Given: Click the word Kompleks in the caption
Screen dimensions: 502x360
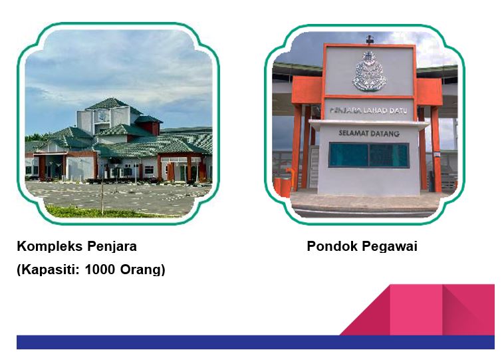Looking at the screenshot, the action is [49, 246].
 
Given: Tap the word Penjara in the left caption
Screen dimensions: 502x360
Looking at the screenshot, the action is [112, 247].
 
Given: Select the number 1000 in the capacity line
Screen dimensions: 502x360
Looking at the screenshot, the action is [100, 270].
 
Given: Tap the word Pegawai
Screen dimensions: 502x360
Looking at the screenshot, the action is [390, 247].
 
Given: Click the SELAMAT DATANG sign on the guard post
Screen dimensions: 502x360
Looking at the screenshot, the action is [369, 133].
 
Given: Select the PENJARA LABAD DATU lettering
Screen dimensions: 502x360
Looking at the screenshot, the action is [368, 110].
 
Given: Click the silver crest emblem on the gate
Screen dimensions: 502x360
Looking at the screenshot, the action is [369, 71].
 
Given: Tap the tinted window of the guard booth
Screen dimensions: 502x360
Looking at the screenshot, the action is [369, 155].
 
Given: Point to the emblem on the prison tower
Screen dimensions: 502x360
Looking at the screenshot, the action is [103, 115].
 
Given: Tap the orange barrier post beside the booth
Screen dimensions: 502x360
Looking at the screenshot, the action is [283, 187].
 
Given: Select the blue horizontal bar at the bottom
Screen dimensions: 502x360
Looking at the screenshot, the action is [255, 342].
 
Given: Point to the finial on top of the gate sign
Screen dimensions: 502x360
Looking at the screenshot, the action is [370, 39].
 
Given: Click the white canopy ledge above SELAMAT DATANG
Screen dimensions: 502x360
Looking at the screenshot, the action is [369, 124].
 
